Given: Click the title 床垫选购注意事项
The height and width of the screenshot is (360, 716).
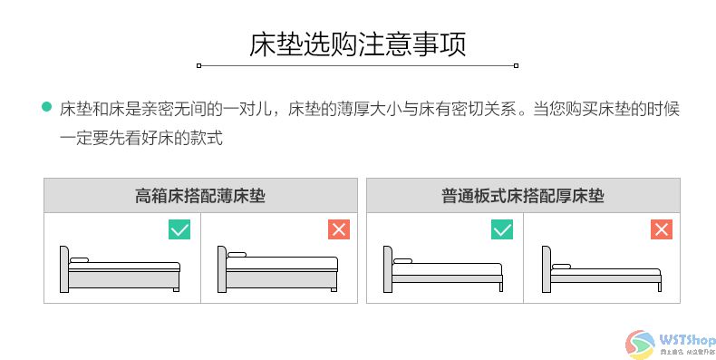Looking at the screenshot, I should [358, 44].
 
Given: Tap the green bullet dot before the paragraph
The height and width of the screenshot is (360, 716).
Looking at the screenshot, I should [47, 108].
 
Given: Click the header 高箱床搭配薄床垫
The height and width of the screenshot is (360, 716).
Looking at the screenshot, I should [200, 195].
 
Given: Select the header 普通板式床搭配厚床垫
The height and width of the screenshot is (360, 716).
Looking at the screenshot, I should [523, 195].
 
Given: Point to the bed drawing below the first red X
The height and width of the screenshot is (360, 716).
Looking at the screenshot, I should [277, 270].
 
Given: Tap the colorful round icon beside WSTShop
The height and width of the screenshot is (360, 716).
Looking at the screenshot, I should [642, 343].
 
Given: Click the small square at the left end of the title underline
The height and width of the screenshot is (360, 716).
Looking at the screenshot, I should [199, 65].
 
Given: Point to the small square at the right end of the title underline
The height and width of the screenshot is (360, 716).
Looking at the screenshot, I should [516, 65].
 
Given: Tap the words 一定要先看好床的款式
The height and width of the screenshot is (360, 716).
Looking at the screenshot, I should [141, 138].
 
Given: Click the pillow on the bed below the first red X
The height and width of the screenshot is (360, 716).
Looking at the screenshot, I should [237, 254].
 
